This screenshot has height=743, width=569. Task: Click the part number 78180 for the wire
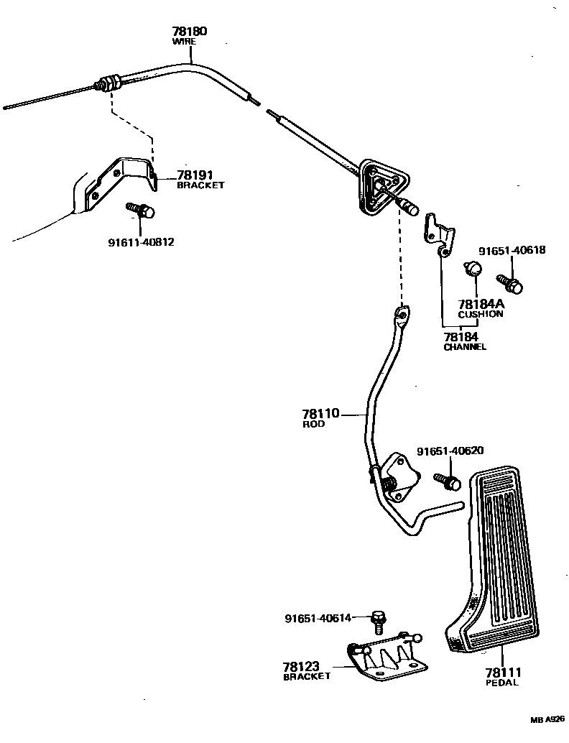click(x=189, y=32)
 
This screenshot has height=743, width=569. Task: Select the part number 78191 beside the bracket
click(x=195, y=175)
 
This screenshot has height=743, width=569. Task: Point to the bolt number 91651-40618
click(x=512, y=251)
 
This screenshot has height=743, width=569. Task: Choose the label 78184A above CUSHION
click(x=481, y=305)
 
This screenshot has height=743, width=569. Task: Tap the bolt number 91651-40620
click(x=450, y=451)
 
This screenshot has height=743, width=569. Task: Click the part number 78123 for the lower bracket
click(x=301, y=667)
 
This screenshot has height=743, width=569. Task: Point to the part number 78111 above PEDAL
click(x=502, y=673)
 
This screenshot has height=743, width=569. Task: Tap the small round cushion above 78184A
click(x=472, y=269)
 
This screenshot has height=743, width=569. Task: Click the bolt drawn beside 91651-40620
click(x=448, y=480)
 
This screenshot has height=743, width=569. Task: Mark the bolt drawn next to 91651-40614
click(x=379, y=617)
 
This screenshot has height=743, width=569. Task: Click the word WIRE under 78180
click(x=183, y=42)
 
